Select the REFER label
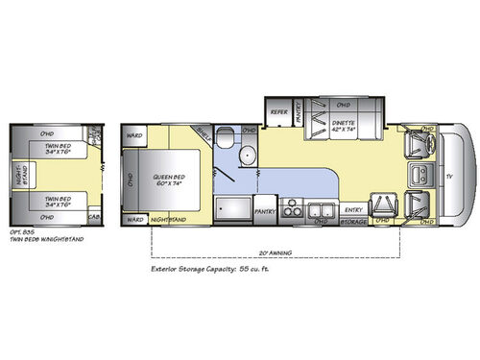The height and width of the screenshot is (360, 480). pyautogui.click(x=279, y=111)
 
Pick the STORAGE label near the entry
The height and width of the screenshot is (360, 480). pyautogui.click(x=354, y=220)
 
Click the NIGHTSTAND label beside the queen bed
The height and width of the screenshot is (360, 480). pyautogui.click(x=169, y=220)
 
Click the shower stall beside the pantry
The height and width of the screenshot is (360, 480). pyautogui.click(x=230, y=205)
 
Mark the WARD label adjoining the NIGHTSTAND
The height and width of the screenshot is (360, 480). pyautogui.click(x=134, y=220)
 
